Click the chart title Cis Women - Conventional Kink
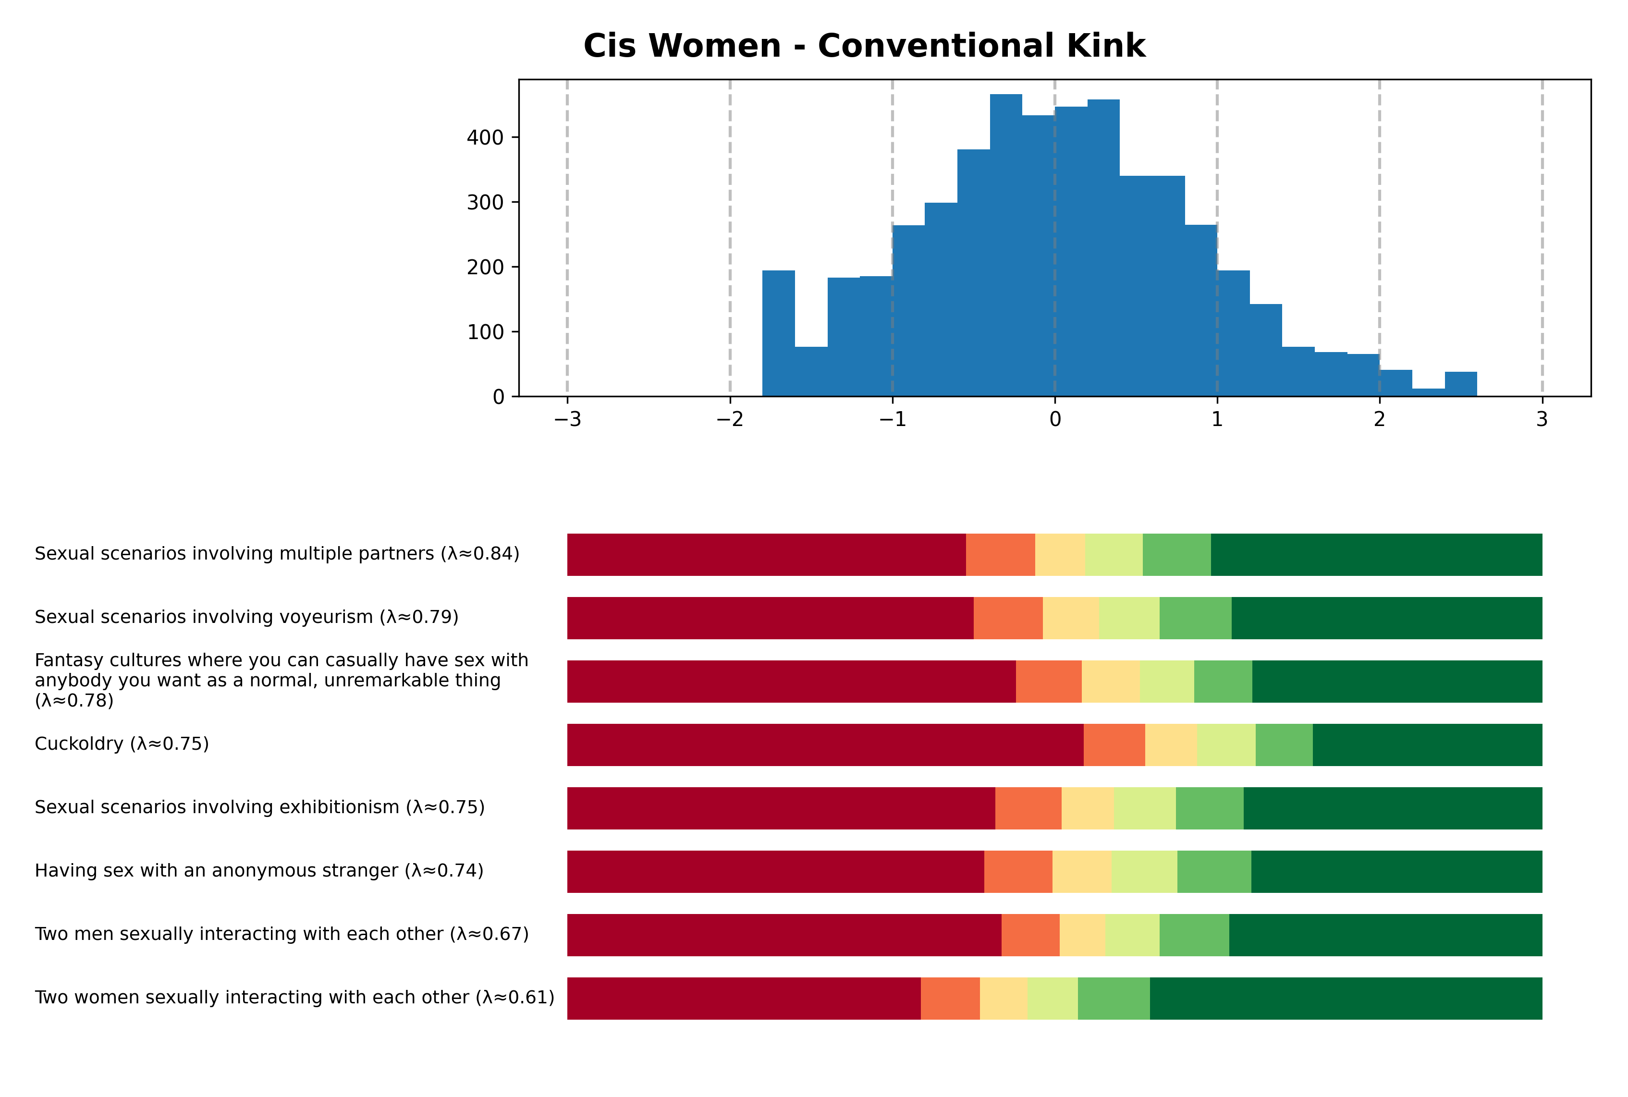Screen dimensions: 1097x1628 tap(864, 46)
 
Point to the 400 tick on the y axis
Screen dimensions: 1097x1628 tap(485, 138)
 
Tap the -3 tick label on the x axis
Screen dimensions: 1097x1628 tap(567, 420)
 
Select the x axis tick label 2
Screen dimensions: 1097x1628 tap(1379, 420)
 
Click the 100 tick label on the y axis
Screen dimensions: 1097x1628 tap(485, 332)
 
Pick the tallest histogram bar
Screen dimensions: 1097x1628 tap(1005, 245)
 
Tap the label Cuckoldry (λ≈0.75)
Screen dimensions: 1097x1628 tap(122, 744)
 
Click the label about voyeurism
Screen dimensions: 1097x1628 tap(246, 617)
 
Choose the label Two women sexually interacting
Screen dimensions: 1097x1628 tap(294, 997)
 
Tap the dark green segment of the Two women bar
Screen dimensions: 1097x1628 tap(1346, 999)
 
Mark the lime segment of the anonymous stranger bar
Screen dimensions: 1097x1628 tap(1143, 872)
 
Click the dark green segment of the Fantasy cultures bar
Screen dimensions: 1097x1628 tap(1396, 682)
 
